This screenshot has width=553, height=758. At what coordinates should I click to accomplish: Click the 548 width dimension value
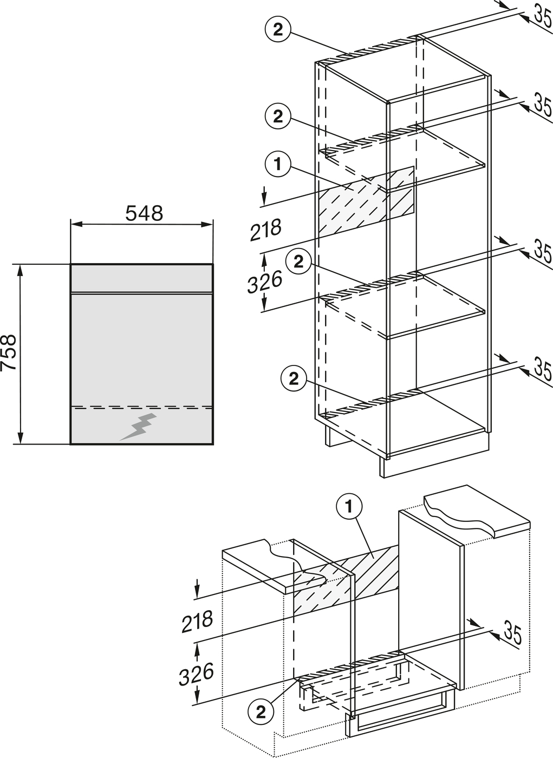point(144,213)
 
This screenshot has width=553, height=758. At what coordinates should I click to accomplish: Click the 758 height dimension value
point(9,352)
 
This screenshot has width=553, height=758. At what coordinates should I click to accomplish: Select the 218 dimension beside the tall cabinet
point(266,230)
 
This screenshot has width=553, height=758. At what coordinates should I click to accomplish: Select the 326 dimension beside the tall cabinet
point(265,282)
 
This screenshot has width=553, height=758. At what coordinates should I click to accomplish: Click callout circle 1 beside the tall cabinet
point(278,165)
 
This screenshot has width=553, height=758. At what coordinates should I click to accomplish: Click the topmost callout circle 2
point(278,30)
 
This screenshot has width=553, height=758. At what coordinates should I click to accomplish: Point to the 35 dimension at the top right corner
point(544,17)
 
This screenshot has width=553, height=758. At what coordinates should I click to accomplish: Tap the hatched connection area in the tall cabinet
point(367,201)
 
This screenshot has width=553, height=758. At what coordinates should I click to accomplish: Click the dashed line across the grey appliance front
point(141,407)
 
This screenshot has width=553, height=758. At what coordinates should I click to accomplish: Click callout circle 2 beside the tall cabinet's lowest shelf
point(294,378)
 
